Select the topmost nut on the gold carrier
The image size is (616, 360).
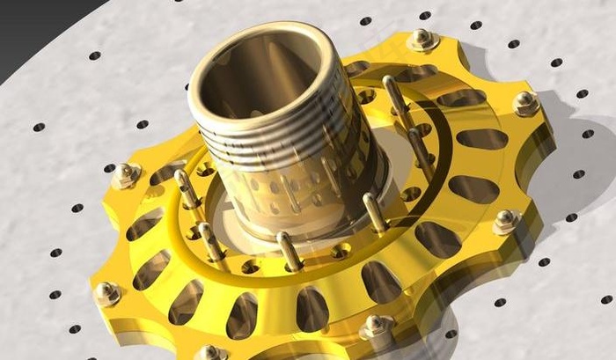423,39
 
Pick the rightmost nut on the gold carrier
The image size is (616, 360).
526,103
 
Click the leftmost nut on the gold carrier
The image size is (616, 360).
106,293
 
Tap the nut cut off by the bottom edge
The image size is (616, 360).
211,353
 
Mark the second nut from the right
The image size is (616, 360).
507,221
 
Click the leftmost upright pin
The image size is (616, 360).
186,188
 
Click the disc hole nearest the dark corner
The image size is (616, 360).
94,55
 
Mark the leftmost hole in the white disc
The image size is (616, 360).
39,127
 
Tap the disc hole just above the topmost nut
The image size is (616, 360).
425,15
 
